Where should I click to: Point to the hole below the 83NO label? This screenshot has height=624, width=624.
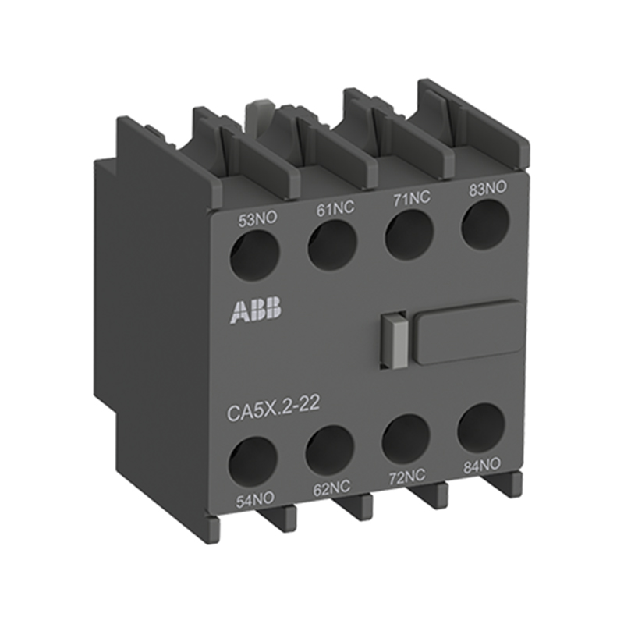pos(485,224)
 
